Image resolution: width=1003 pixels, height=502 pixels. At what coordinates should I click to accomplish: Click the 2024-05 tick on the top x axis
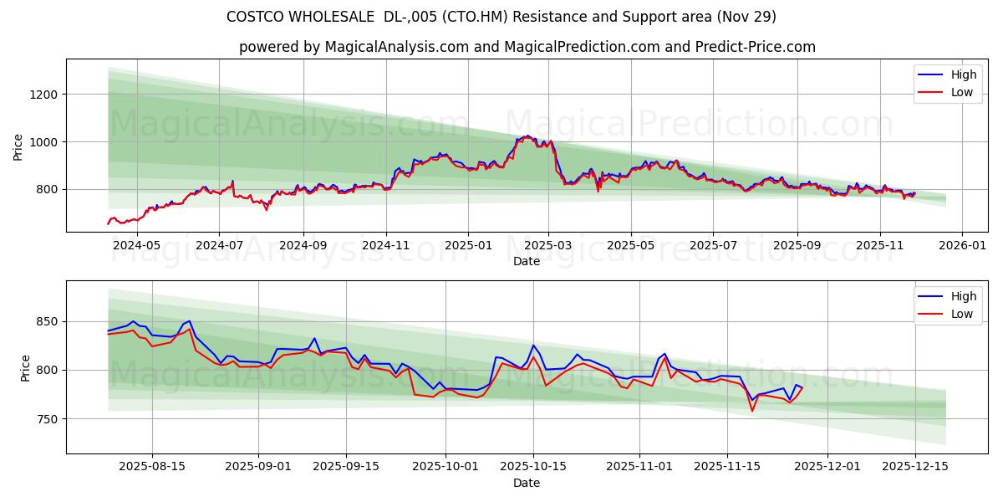(x=136, y=245)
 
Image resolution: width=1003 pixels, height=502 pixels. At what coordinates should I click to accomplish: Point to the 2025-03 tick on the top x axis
(x=548, y=245)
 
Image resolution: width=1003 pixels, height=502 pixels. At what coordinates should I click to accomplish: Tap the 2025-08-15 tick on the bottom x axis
(x=152, y=467)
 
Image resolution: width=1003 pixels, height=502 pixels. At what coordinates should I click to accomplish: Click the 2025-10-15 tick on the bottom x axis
(x=532, y=467)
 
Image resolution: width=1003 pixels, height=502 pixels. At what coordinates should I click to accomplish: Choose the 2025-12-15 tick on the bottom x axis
(x=914, y=467)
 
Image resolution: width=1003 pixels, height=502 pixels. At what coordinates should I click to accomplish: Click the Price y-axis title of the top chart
(x=18, y=147)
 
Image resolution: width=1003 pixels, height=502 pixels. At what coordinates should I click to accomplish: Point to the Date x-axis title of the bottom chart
(x=527, y=483)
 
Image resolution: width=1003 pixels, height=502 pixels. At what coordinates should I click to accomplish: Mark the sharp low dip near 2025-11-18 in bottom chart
(x=752, y=411)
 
